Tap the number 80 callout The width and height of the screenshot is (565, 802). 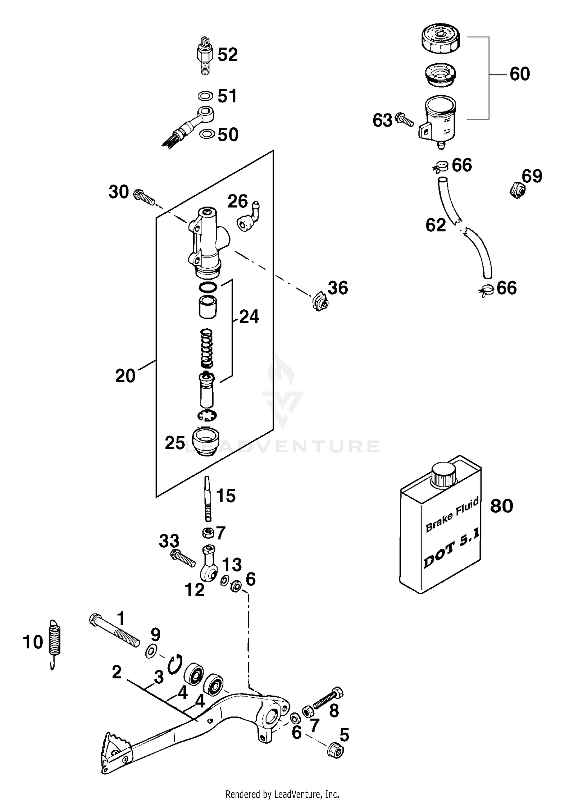click(x=501, y=506)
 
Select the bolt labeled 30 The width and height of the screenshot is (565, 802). click(x=144, y=196)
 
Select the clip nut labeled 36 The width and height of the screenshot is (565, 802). click(x=320, y=301)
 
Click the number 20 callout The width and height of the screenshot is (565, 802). click(x=125, y=376)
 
